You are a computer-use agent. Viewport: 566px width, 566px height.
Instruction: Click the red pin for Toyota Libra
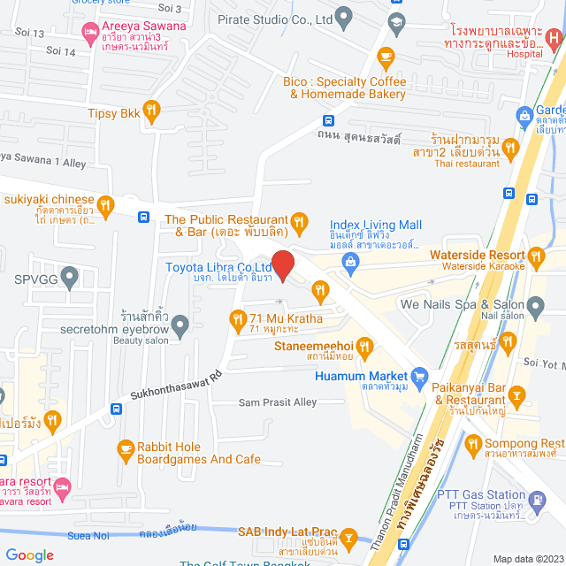pyautogui.click(x=282, y=264)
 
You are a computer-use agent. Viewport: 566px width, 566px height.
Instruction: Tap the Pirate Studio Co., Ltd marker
pyautogui.click(x=345, y=16)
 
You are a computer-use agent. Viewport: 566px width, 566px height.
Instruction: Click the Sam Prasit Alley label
pyautogui.click(x=277, y=402)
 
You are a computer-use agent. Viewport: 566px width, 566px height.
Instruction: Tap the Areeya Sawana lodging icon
pyautogui.click(x=88, y=34)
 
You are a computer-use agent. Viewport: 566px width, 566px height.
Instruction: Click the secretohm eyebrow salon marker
pyautogui.click(x=180, y=325)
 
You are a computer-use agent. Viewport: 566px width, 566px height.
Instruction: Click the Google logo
pyautogui.click(x=29, y=555)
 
